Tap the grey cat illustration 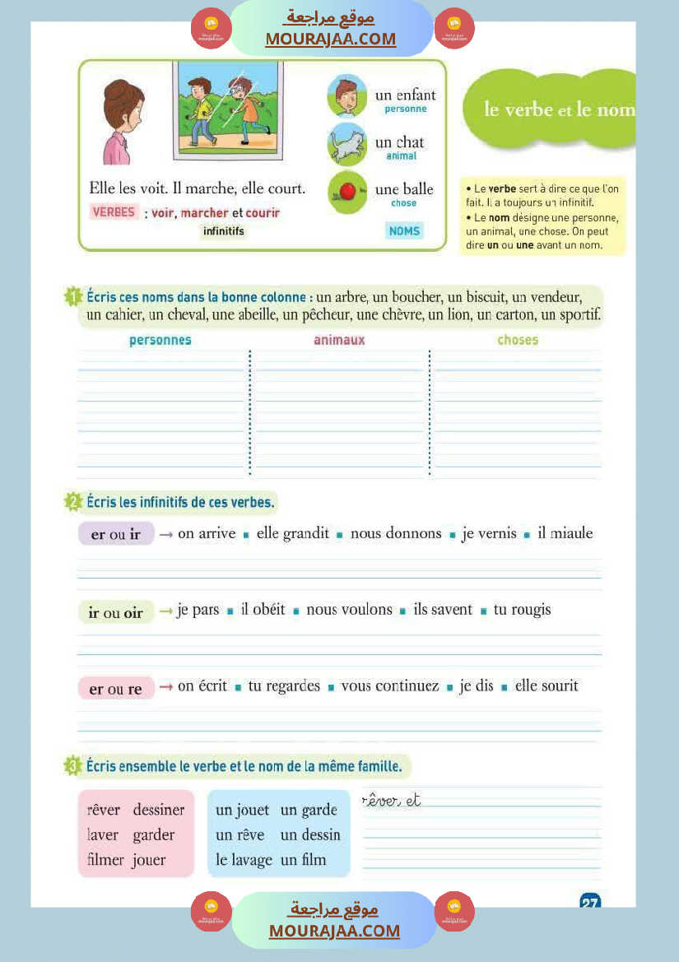point(346,145)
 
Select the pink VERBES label point(114,212)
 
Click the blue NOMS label point(404,231)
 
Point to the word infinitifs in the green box point(224,231)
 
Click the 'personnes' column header point(160,340)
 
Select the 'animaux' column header point(339,340)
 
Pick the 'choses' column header point(518,340)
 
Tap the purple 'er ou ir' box point(116,535)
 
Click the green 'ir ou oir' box point(116,612)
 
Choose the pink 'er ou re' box point(116,689)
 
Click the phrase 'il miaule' point(565,533)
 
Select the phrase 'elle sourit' point(546,685)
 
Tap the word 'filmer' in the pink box point(105,860)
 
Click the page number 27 point(590,902)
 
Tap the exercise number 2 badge point(72,502)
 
